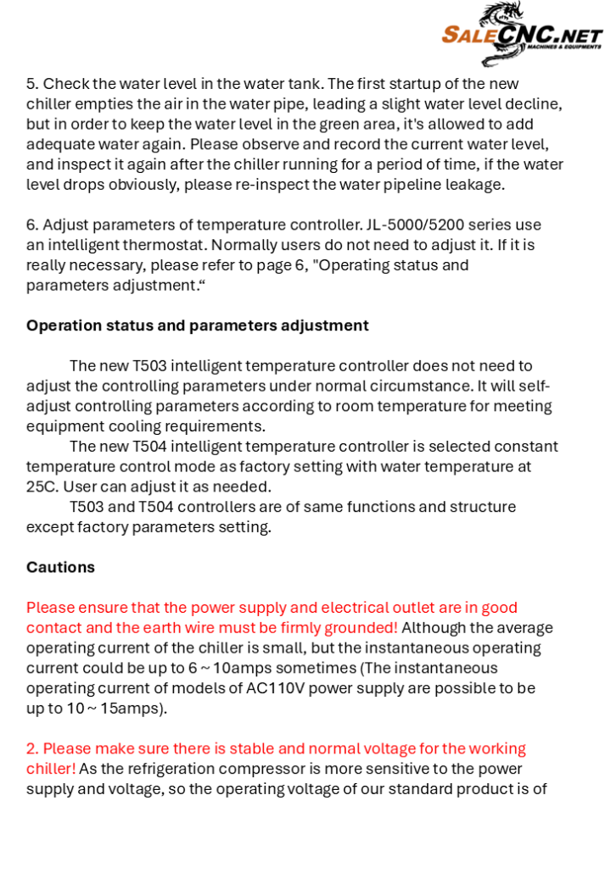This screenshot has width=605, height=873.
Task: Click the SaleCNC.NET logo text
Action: pyautogui.click(x=521, y=36)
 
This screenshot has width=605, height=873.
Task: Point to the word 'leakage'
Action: pyautogui.click(x=477, y=185)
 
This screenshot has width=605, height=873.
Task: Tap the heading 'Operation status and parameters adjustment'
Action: pyautogui.click(x=197, y=325)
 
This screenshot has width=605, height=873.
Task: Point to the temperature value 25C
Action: pyautogui.click(x=42, y=487)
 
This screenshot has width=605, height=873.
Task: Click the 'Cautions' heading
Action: pyautogui.click(x=60, y=567)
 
